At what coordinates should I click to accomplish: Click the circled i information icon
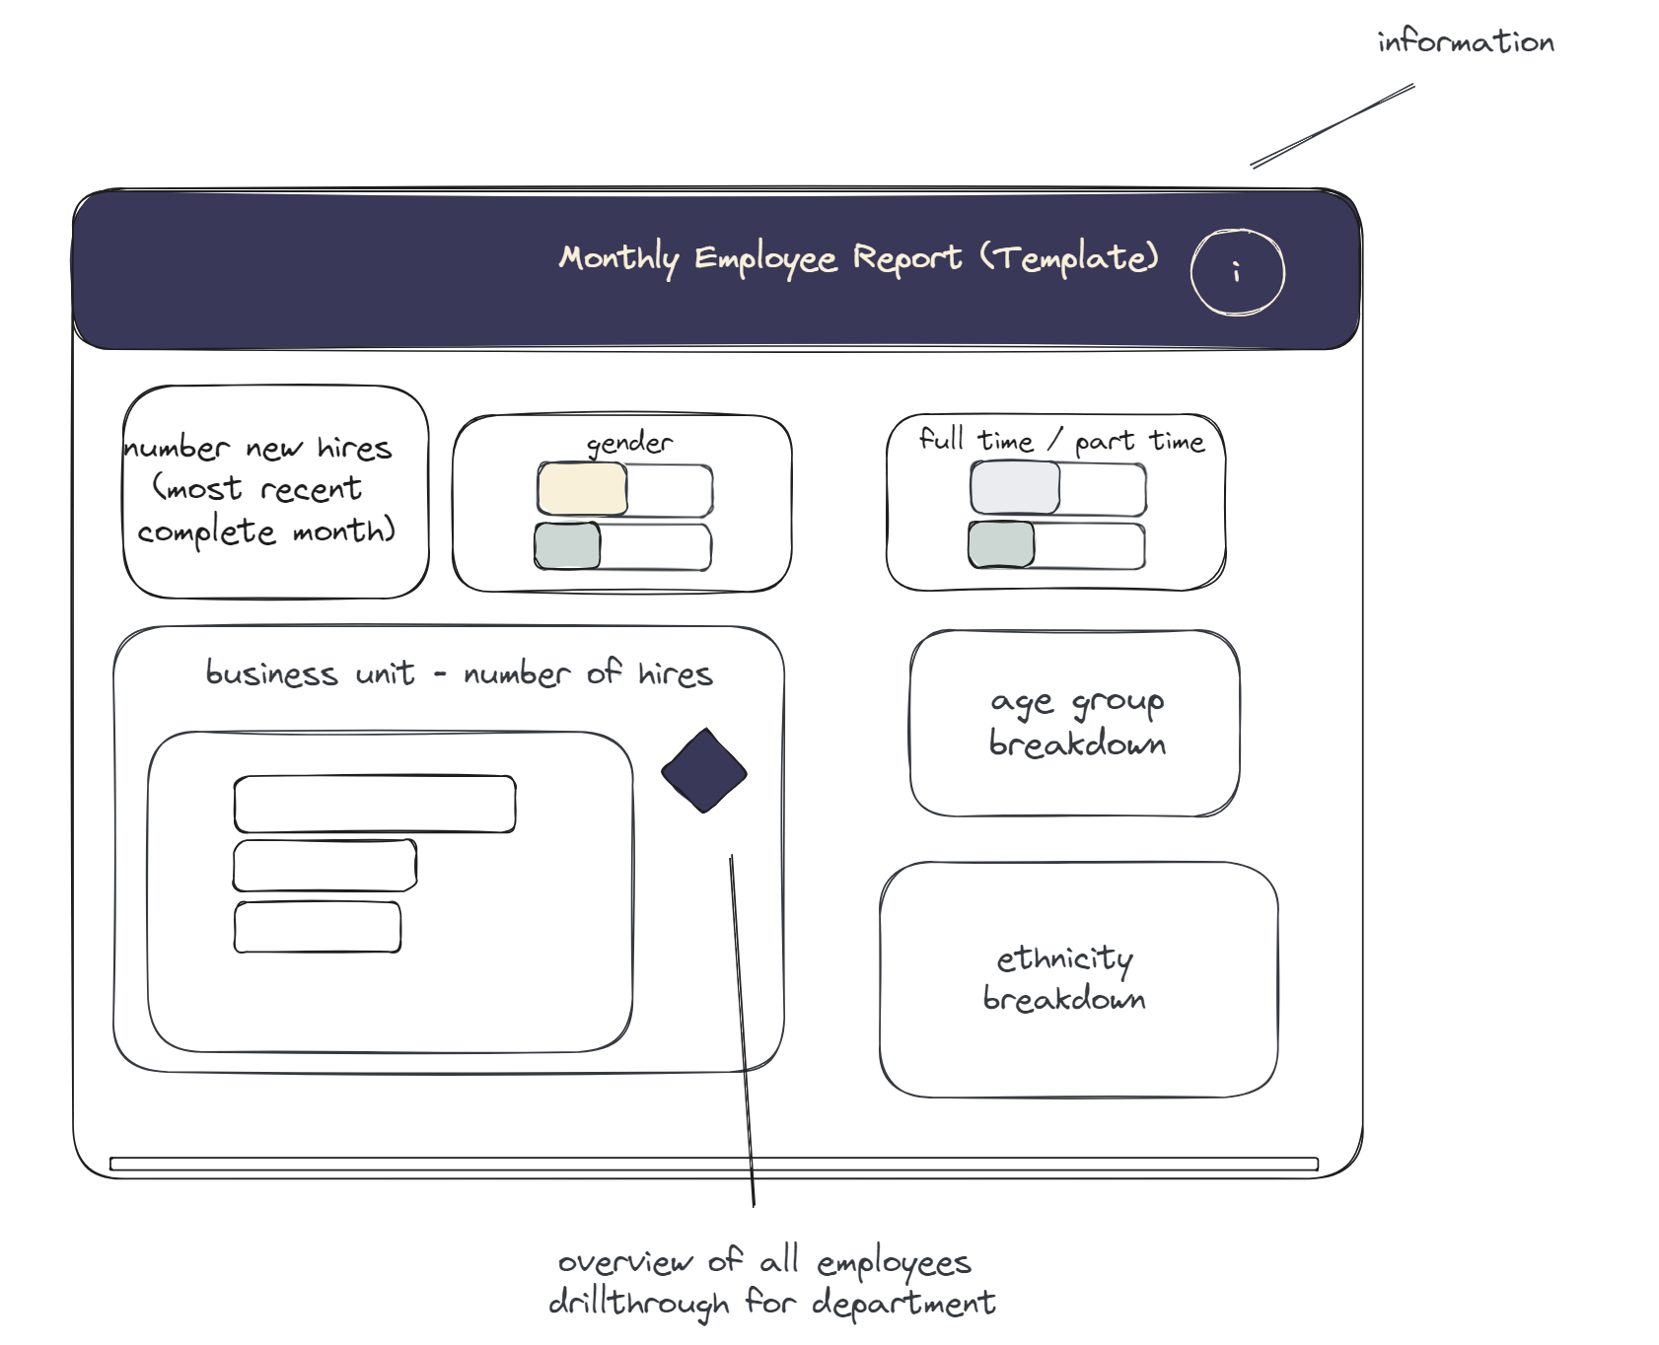click(x=1237, y=272)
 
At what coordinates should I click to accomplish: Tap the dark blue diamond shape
click(x=703, y=771)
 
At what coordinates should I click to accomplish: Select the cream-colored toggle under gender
click(x=582, y=488)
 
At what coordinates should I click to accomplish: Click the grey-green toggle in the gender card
click(x=567, y=546)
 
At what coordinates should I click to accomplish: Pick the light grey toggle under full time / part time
click(x=1015, y=487)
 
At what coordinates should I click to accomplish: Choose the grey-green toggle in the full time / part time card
click(x=1001, y=544)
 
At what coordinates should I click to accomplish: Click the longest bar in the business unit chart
click(x=375, y=805)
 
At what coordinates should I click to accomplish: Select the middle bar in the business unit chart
click(x=325, y=866)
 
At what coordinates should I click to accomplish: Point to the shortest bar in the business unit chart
click(x=317, y=927)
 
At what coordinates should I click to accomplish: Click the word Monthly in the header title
click(x=618, y=258)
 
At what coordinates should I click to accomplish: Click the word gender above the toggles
click(x=629, y=444)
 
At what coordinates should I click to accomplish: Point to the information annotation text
click(x=1465, y=42)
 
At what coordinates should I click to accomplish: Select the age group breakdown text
click(x=1076, y=723)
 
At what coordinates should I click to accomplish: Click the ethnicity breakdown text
click(x=1064, y=978)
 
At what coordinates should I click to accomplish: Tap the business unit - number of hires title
click(x=459, y=673)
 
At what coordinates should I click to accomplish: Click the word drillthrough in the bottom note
click(x=638, y=1303)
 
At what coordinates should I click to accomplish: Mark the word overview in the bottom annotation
click(x=625, y=1262)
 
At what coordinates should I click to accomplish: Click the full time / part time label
click(x=1061, y=440)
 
